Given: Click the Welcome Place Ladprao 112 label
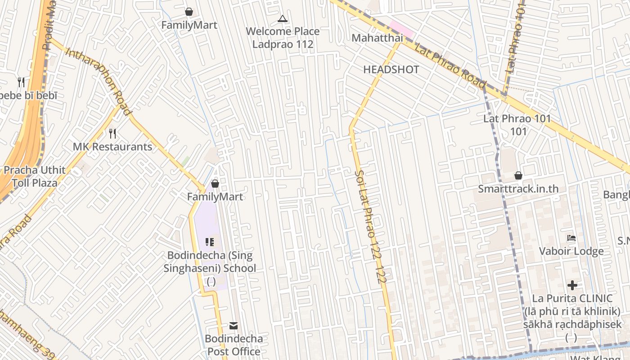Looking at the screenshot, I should point(283,38).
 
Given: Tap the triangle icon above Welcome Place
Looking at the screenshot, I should point(282,18).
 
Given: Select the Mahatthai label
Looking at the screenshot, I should point(377,38).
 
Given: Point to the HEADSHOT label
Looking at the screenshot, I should point(391,70).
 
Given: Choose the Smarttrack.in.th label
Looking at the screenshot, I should point(518,189).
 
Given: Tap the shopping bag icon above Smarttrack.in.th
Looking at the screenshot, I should point(518,175).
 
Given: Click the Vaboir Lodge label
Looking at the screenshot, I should point(571,251).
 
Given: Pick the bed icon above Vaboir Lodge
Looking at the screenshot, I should point(571,238).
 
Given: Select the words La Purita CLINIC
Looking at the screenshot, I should point(572,298).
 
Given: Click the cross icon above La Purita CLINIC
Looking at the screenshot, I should point(572,285).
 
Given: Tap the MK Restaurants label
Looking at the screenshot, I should point(112,147).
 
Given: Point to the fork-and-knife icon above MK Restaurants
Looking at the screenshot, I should point(112,133).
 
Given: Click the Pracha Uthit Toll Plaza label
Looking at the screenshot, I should point(35,176).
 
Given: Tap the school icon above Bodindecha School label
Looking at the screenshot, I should point(210,242).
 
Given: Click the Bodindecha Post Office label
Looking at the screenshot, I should point(234,345).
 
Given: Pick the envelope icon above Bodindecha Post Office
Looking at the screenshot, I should point(234,325).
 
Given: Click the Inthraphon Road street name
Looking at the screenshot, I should point(99,81).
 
